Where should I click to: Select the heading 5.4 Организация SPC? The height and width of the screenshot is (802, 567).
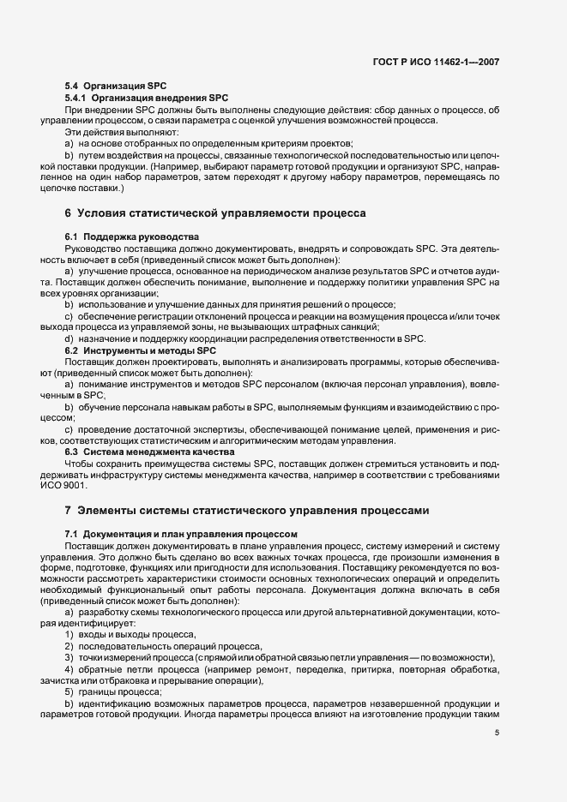(x=115, y=87)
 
